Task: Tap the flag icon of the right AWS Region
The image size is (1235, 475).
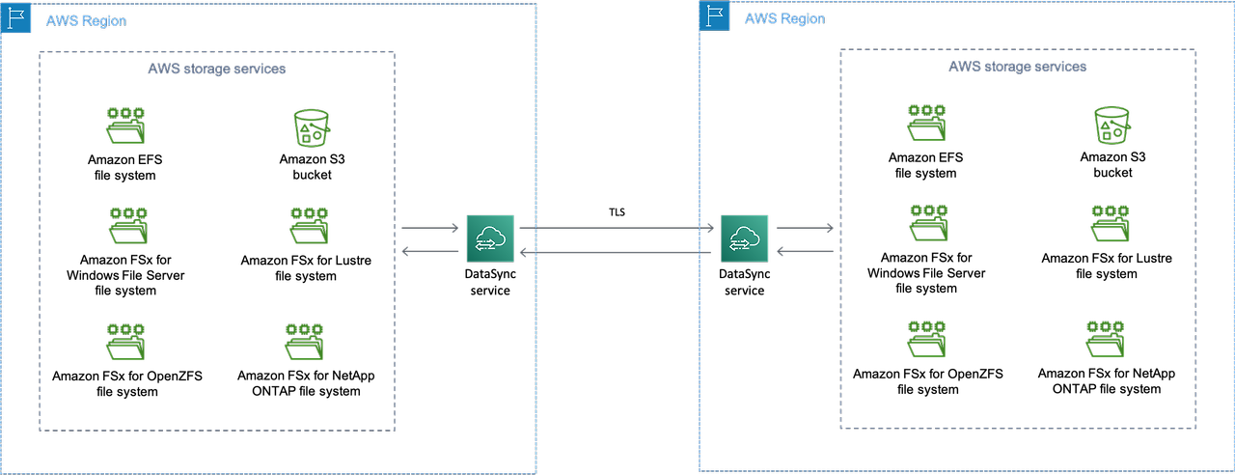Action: coord(714,16)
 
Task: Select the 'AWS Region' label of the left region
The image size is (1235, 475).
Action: coord(86,20)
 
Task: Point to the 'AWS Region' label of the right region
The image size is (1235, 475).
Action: coord(784,18)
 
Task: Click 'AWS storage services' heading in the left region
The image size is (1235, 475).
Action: coord(216,69)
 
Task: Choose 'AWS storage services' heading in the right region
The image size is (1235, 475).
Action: coord(1017,67)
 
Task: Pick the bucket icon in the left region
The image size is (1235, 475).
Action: coord(311,126)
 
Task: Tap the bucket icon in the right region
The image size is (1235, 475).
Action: coord(1111,125)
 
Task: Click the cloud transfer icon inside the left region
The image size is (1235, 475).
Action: coord(491,238)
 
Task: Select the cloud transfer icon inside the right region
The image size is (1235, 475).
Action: coord(744,237)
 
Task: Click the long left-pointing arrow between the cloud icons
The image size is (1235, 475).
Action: coord(617,252)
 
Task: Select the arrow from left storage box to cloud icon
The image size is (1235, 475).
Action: coord(430,229)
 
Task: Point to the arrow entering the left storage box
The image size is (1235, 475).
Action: coord(430,252)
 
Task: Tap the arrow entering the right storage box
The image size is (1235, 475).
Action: coord(805,229)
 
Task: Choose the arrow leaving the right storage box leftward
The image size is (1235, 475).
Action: coord(805,252)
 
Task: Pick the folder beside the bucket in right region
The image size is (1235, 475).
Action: coord(927,125)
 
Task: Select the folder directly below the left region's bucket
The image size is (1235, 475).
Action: coord(309,225)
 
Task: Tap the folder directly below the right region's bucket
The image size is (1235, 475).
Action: coord(1110,223)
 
